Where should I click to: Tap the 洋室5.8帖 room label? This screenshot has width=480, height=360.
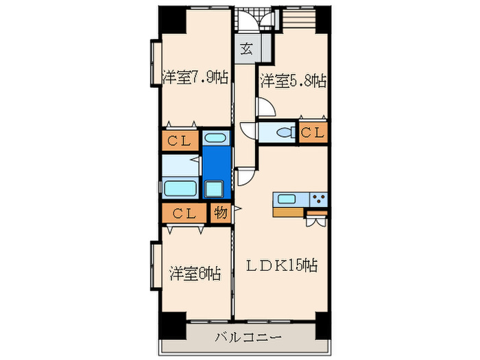click(x=292, y=81)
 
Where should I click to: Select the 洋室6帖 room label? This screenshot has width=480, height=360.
click(x=195, y=274)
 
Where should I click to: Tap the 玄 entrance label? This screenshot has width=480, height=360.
click(x=245, y=49)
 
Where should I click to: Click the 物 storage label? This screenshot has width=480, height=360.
click(x=220, y=213)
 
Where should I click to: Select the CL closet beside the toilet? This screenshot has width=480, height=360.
click(x=313, y=132)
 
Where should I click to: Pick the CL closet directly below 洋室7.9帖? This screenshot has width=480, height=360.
click(x=180, y=141)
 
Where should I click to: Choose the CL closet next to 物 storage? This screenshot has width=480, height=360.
click(x=183, y=213)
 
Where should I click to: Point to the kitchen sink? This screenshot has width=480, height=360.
click(x=287, y=200)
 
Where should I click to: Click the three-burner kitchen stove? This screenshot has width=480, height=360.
click(x=319, y=200)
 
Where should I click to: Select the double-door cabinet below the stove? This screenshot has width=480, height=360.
click(x=315, y=220)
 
